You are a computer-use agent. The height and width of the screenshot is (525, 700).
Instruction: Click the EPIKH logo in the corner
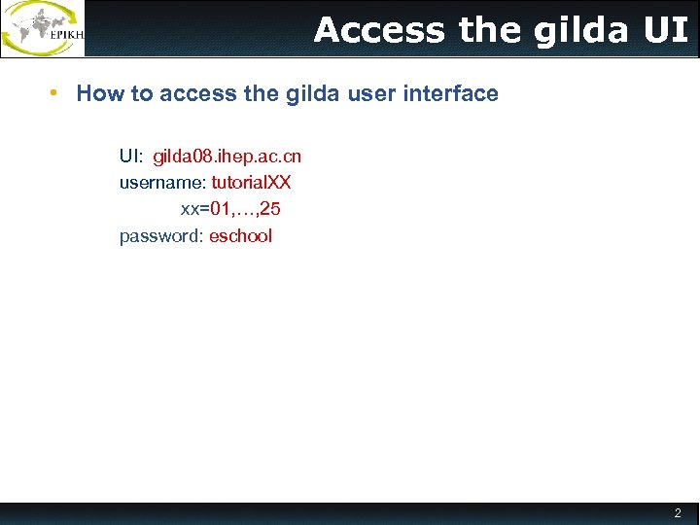[x=43, y=28]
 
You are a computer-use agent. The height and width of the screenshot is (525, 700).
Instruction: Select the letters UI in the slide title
[x=666, y=30]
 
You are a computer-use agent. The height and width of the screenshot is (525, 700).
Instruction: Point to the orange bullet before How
[x=56, y=93]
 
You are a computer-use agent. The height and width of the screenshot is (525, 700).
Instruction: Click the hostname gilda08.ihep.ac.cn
[x=227, y=157]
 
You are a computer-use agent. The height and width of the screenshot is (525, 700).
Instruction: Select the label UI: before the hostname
[x=131, y=157]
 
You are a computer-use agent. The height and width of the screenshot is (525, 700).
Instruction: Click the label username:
[x=162, y=183]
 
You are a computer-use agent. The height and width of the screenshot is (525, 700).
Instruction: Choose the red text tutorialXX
[x=251, y=183]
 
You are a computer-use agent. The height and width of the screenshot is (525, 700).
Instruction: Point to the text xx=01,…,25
[x=230, y=209]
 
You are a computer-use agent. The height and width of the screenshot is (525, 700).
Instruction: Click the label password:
[x=161, y=236]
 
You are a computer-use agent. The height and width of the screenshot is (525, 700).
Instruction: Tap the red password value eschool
[x=240, y=236]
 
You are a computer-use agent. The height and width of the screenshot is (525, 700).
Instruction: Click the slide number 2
[x=678, y=513]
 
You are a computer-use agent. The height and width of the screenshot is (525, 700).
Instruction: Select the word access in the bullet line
[x=192, y=94]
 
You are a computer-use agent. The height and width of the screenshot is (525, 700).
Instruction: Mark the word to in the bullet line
[x=140, y=94]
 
